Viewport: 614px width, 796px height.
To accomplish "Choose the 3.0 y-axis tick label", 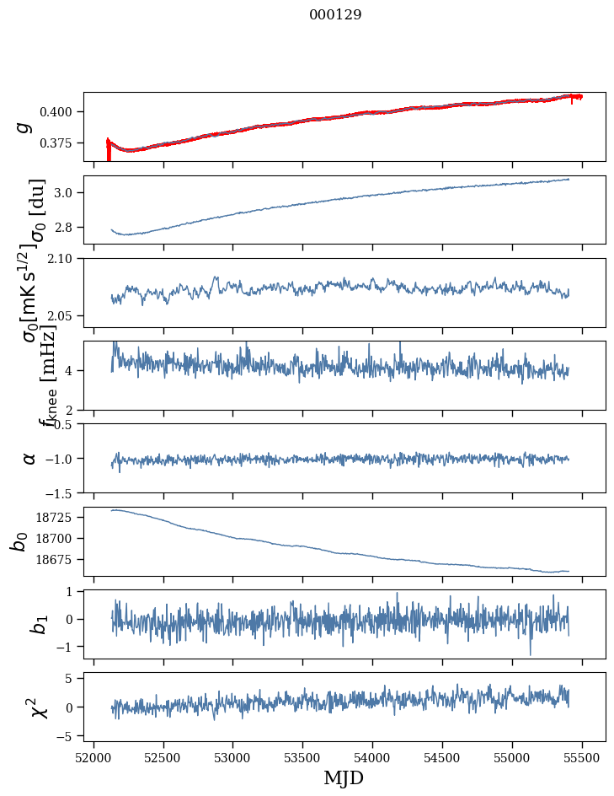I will pyautogui.click(x=68, y=193).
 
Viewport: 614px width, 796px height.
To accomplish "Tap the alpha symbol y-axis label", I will pyautogui.click(x=29, y=458).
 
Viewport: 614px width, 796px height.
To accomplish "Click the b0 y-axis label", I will pyautogui.click(x=19, y=541).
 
